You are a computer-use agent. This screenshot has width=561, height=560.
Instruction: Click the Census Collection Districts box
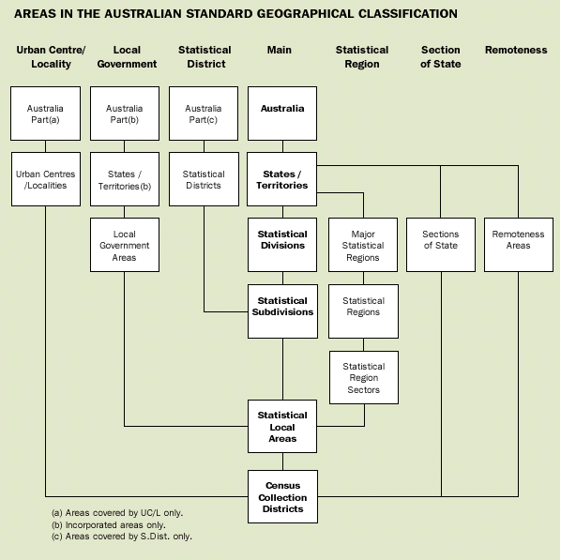tap(282, 497)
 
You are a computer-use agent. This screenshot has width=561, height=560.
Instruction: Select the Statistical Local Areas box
tap(282, 427)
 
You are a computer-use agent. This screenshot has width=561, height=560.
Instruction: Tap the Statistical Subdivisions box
tap(282, 307)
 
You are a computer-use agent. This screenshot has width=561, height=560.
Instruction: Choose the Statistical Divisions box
tap(282, 240)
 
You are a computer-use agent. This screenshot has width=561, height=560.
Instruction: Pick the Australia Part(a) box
tap(45, 114)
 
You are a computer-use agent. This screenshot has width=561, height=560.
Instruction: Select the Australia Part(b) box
tap(125, 114)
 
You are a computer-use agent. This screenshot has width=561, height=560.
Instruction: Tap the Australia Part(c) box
tap(204, 114)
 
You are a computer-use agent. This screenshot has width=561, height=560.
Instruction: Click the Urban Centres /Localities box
tap(45, 179)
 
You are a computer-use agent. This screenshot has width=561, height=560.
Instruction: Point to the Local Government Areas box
tap(125, 245)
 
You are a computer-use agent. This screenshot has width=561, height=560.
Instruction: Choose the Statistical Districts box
tap(204, 179)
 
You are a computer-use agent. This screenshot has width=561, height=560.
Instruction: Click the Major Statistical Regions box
tap(363, 245)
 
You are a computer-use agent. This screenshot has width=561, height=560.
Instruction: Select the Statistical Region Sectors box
tap(363, 378)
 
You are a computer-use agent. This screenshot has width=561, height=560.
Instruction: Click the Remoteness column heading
tap(515, 50)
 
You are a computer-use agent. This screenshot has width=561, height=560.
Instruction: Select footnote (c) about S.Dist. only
tap(122, 537)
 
